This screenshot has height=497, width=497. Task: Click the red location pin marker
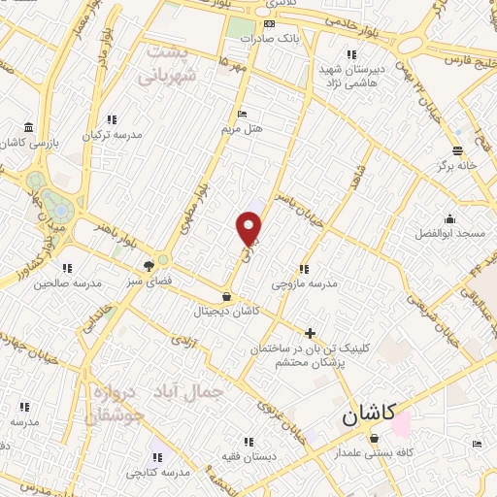pos(249,227)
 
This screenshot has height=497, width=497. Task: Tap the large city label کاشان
pos(368,415)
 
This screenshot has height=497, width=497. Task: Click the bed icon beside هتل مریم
pos(242,114)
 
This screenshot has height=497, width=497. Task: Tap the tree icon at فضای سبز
pos(149,264)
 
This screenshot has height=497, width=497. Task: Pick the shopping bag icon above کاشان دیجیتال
pos(226,297)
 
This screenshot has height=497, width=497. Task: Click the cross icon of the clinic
pos(310,334)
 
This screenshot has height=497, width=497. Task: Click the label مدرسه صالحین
pos(67,282)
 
